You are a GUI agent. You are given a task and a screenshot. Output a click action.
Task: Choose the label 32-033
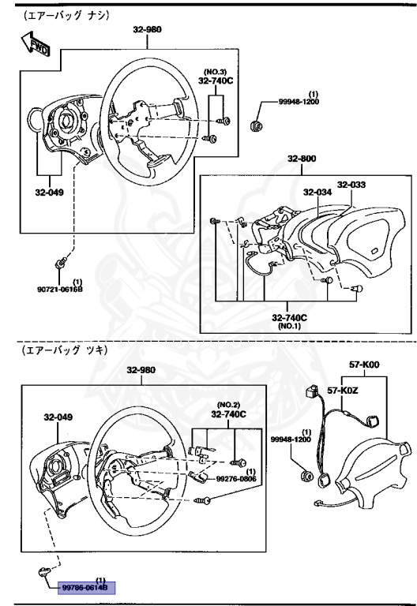coord(351,185)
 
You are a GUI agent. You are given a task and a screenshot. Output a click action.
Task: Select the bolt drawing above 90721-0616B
coord(62,261)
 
